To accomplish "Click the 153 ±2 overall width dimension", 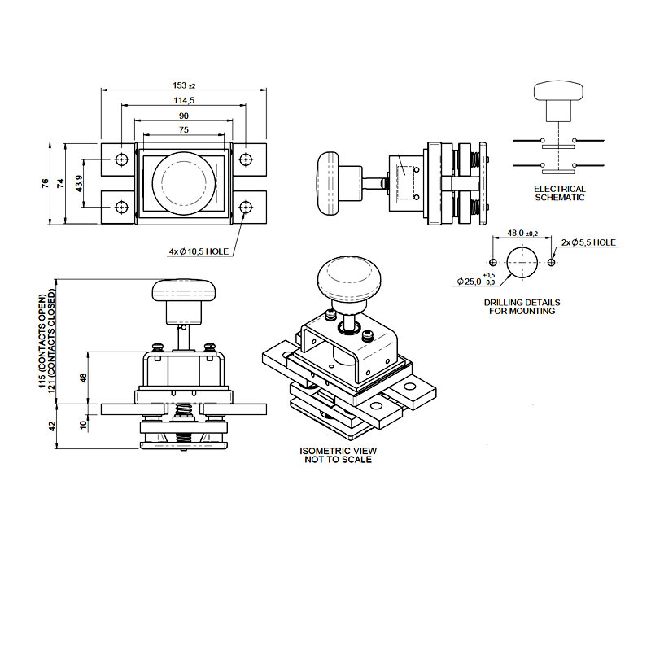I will [x=185, y=85].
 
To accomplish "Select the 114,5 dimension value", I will [x=184, y=100].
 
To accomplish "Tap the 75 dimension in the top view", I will [x=184, y=129].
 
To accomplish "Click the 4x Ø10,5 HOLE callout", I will [x=199, y=252].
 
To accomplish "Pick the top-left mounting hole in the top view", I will [x=121, y=159].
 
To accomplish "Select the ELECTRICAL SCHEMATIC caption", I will [x=559, y=193].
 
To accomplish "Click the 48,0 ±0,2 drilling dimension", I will [x=522, y=233].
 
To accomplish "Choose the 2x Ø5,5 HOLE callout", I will [x=589, y=243].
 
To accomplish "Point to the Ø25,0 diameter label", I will [x=472, y=282].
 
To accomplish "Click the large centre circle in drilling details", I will [x=522, y=262].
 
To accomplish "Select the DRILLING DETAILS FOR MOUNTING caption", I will [x=522, y=306].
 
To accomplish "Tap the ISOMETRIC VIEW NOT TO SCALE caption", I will [x=339, y=455].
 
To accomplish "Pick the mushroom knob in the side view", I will [x=329, y=184].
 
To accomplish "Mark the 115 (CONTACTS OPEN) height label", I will [x=43, y=340].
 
